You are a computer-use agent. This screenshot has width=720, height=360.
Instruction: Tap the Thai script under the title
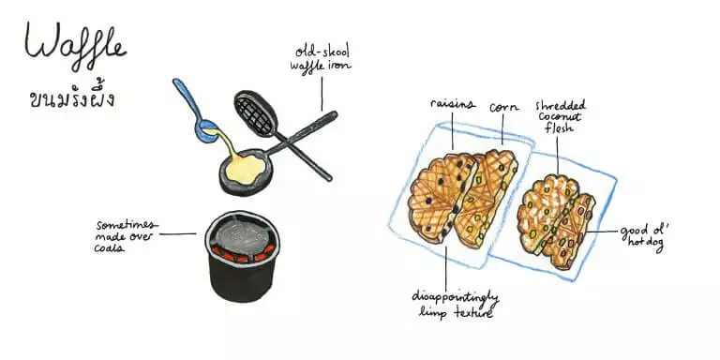click(71, 97)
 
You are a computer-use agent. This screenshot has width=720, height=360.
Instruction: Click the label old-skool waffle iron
click(321, 58)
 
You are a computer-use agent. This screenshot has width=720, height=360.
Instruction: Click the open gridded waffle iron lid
click(256, 112)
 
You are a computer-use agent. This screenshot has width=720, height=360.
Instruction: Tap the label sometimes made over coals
click(125, 236)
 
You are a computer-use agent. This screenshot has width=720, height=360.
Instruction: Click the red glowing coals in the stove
click(242, 254)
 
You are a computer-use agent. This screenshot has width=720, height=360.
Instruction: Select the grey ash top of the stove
click(242, 235)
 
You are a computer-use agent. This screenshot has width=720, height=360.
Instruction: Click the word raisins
click(452, 104)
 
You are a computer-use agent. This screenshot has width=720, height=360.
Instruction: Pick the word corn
click(503, 108)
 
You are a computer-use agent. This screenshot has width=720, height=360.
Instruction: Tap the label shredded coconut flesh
click(561, 116)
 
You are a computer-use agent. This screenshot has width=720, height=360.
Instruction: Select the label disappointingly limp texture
click(455, 304)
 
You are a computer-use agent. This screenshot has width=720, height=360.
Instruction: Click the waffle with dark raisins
click(440, 197)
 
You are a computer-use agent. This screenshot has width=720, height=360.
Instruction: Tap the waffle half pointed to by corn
click(489, 198)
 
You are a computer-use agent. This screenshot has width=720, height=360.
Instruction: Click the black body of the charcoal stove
click(242, 280)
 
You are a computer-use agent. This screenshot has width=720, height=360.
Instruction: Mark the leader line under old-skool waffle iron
click(322, 94)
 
